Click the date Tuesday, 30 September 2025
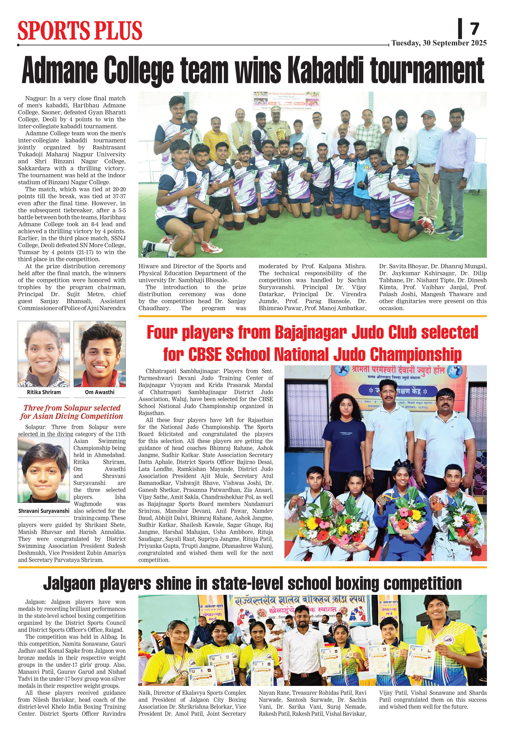(439, 43)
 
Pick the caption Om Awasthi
(100, 392)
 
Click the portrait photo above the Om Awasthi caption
(100, 354)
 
